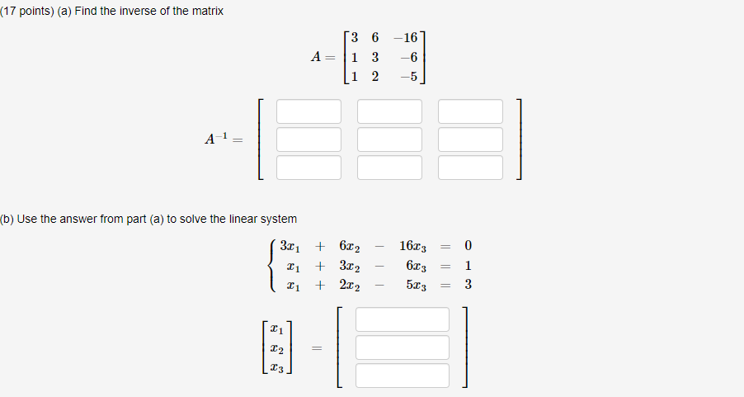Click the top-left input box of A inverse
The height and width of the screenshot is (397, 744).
(308, 111)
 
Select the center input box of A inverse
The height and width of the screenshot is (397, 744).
(389, 139)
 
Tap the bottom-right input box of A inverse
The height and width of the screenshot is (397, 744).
(470, 168)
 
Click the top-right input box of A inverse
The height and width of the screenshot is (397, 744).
(470, 111)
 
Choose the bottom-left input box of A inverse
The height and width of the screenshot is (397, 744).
(308, 168)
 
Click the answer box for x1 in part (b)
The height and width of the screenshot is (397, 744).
(403, 319)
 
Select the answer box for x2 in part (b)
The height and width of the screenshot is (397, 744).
(403, 347)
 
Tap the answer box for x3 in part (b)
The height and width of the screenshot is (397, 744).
(403, 376)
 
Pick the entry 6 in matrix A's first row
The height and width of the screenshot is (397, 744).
(375, 38)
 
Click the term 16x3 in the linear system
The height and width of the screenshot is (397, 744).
(413, 246)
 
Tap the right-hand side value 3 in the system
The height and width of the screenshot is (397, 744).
(469, 286)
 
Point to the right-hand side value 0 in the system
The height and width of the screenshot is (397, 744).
(469, 246)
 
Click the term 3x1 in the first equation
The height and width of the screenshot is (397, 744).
(289, 246)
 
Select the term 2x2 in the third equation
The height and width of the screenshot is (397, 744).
(350, 286)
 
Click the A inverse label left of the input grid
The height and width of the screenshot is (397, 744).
(217, 139)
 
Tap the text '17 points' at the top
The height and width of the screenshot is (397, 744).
(28, 11)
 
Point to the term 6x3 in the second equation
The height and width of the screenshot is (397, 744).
(417, 266)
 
